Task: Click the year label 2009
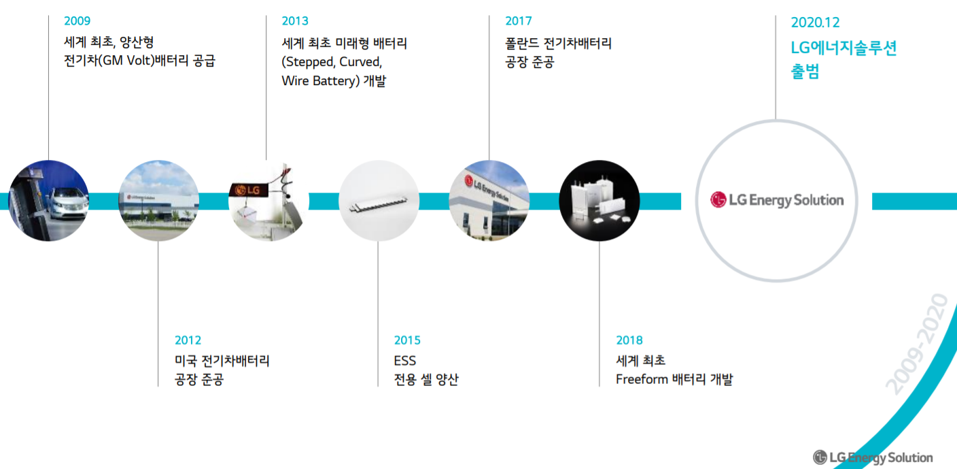[77, 21]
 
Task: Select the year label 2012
[188, 340]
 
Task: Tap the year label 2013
[295, 21]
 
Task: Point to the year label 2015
[407, 340]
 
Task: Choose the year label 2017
[519, 21]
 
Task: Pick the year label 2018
[629, 340]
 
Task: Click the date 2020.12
[815, 22]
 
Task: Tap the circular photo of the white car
[48, 201]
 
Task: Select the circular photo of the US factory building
[158, 201]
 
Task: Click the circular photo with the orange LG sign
[268, 201]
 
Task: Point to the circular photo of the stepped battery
[379, 201]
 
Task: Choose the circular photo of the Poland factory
[489, 201]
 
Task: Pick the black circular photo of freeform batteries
[599, 201]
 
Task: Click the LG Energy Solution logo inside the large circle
[776, 200]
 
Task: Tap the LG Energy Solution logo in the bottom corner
[873, 457]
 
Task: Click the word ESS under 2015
[405, 360]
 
